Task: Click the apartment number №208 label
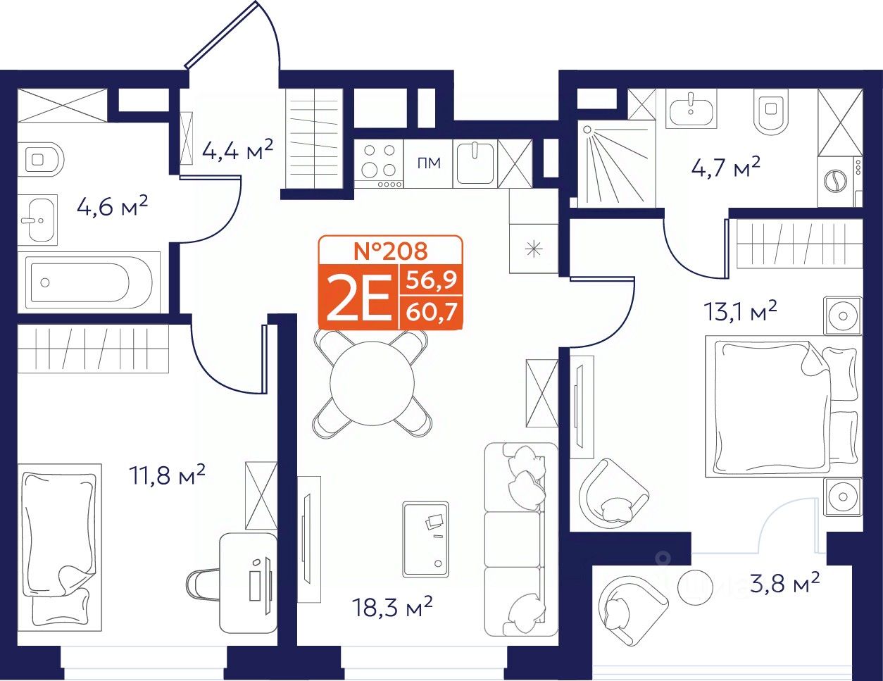coord(391,251)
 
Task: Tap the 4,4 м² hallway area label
coord(238,149)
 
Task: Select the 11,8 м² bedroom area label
coord(167,475)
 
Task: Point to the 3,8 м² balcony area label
coord(784,582)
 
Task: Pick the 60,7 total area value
coord(432,313)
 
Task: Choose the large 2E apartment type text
coord(360,297)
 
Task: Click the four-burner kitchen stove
coord(378,163)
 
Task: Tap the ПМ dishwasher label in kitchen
coord(429,163)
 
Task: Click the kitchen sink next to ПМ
coord(475,163)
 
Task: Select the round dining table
coord(372,383)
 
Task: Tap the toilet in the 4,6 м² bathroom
coord(41,159)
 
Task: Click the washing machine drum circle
coord(835,181)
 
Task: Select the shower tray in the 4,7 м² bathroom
coord(616,163)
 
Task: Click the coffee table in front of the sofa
coord(426,539)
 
